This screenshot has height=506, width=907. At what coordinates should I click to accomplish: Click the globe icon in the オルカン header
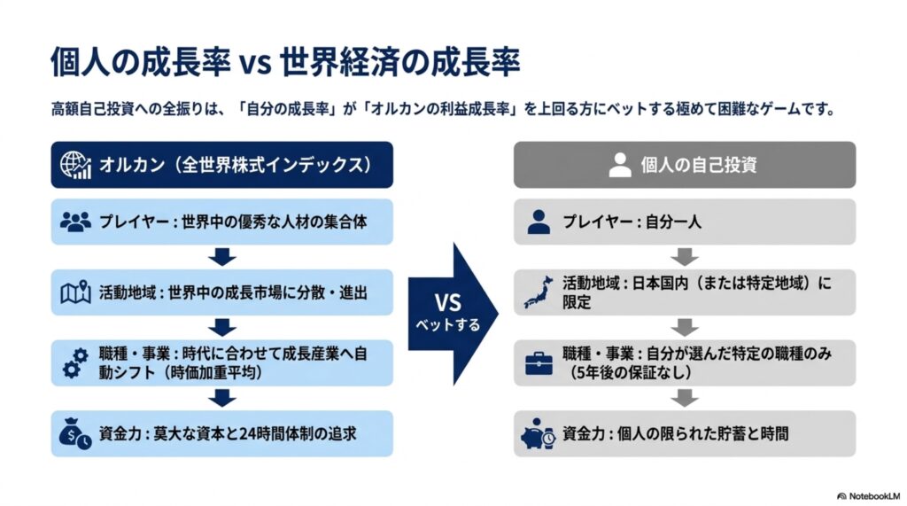(76, 165)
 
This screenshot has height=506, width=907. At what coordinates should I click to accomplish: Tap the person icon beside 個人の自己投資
(619, 165)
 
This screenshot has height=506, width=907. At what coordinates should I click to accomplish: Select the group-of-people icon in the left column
(75, 222)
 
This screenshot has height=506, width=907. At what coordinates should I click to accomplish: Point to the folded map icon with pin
(76, 292)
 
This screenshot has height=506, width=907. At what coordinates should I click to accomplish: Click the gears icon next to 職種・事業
(75, 363)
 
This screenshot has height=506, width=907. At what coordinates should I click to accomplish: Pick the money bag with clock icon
(75, 433)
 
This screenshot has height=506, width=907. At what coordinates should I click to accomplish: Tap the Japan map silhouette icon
(539, 292)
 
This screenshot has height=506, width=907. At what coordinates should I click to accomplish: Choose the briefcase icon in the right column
(539, 363)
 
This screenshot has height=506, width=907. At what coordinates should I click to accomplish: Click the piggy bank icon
(539, 434)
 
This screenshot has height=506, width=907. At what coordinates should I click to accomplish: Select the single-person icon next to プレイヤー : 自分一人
(539, 222)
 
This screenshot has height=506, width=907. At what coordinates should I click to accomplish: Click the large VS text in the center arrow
(447, 303)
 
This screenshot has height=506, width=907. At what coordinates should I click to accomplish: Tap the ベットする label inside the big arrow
(447, 325)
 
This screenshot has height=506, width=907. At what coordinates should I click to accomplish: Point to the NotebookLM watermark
(868, 496)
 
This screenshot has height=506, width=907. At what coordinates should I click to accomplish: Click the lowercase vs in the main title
(256, 63)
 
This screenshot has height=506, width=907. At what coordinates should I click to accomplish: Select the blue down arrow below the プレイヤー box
(222, 257)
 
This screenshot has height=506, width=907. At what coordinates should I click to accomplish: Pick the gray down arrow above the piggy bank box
(685, 398)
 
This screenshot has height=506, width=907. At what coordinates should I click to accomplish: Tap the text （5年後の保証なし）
(632, 372)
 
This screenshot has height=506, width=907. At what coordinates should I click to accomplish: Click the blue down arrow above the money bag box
(222, 398)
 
